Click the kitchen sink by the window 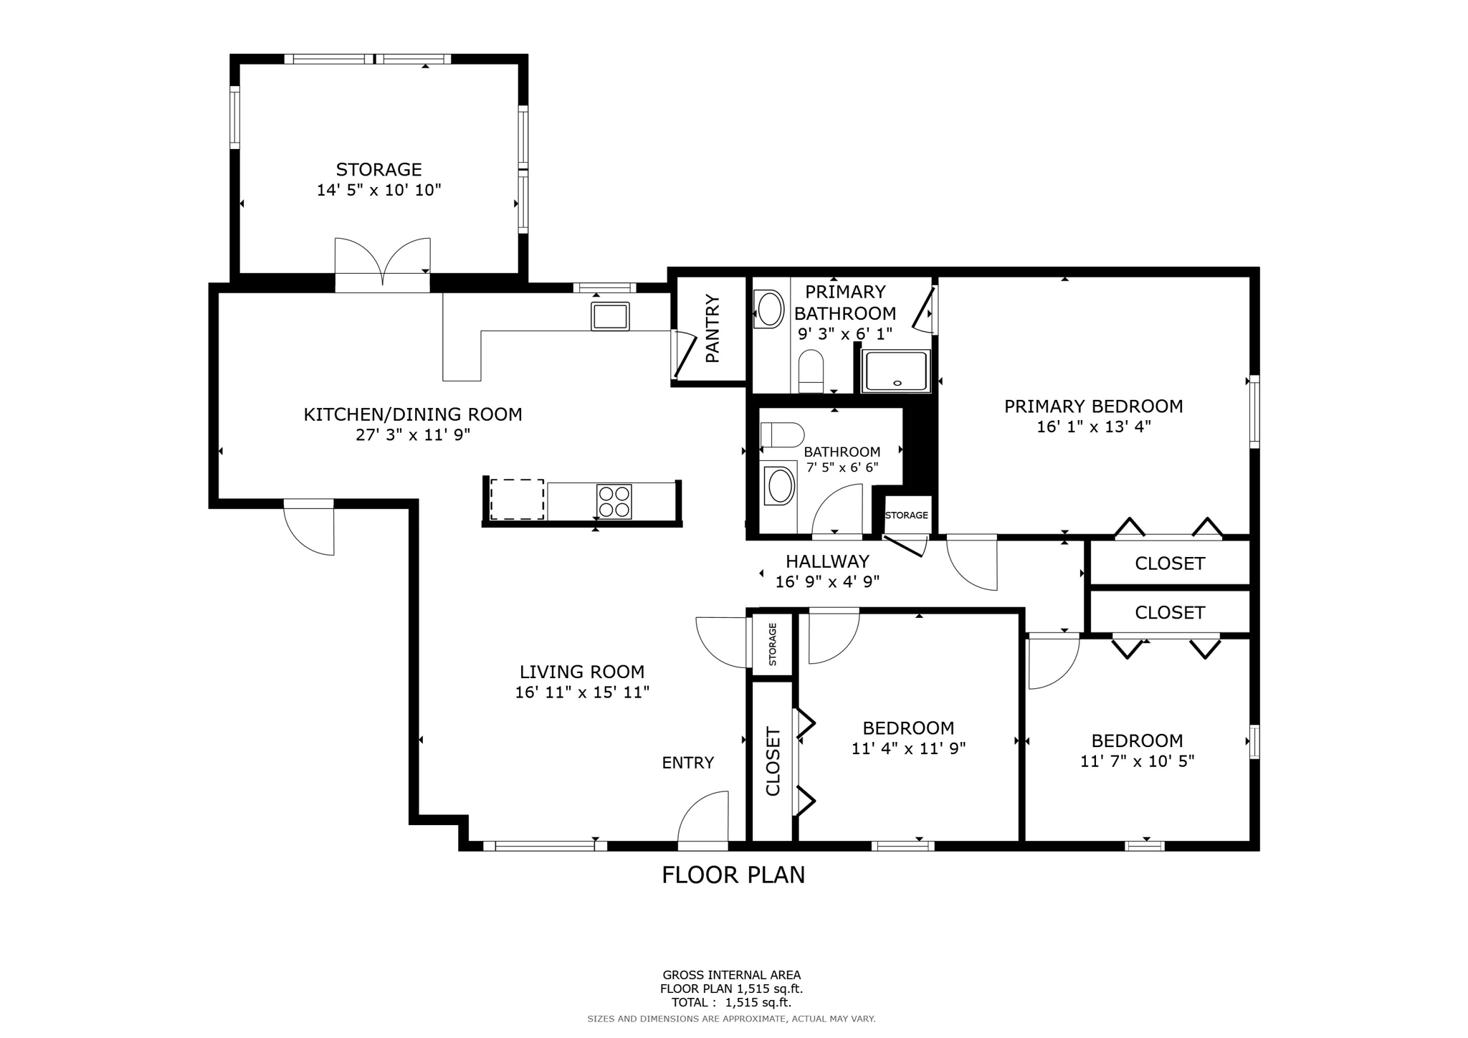point(610,316)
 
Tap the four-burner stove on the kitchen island point(614,501)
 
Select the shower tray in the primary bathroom point(896,371)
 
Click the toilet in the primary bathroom point(811,371)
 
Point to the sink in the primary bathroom point(770,309)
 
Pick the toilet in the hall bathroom point(782,435)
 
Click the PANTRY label point(712,328)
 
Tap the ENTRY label point(688,763)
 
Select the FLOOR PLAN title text point(733,875)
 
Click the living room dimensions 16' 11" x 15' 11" point(582,692)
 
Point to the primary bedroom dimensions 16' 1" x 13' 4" point(1094,427)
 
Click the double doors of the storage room point(383,265)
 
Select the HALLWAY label point(827,562)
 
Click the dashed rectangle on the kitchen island point(517,500)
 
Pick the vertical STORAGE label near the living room point(773,644)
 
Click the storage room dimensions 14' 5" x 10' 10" point(379,190)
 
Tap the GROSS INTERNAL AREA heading point(732,975)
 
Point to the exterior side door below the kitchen point(309,527)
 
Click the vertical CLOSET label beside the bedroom point(773,761)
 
